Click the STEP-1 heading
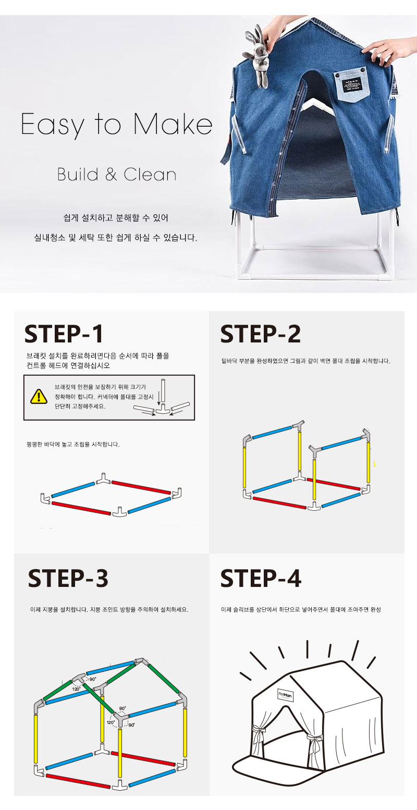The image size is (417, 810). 64,334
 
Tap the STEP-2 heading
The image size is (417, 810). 261,334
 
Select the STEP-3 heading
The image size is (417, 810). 68,578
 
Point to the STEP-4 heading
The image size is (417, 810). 261,578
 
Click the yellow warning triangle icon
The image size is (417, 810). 39,397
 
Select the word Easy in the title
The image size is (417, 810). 52,125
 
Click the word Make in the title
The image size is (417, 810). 173,124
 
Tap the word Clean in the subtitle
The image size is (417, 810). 150,175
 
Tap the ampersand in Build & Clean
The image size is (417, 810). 111,175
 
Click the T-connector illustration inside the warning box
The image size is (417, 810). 163,410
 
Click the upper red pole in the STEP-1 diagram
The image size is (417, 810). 141,487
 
